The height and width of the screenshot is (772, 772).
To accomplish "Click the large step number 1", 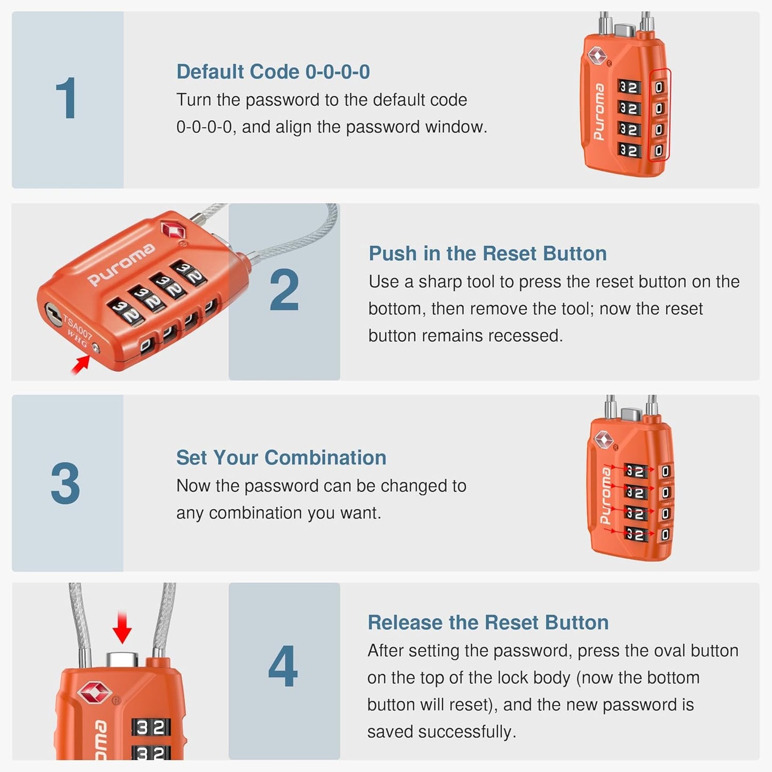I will [66, 99].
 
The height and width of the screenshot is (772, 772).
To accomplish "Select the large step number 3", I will [65, 484].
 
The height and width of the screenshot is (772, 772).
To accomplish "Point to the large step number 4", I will [283, 666].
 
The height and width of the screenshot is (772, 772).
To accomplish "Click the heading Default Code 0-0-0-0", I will [273, 72].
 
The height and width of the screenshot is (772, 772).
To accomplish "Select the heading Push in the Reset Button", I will [487, 253].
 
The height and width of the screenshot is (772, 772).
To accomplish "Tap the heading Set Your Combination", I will [281, 457].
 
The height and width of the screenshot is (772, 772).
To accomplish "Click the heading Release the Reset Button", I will [488, 622].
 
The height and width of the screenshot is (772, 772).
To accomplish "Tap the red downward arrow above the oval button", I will [122, 628].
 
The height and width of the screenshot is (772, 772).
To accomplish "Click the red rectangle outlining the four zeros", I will [659, 114].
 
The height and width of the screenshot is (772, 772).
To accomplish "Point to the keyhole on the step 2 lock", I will [52, 312].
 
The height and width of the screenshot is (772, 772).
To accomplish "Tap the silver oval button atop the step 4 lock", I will [122, 659].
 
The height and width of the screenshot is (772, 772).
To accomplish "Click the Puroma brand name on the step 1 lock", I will [599, 112].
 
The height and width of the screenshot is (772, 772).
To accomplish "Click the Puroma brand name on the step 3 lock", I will [606, 495].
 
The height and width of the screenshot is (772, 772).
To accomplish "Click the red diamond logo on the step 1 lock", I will [597, 54].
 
